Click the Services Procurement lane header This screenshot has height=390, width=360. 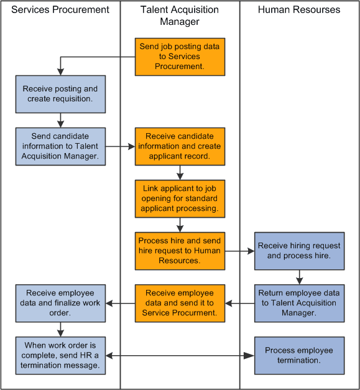[x=60, y=10]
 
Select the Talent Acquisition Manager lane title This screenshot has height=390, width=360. [x=180, y=16]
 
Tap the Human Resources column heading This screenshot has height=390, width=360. [x=299, y=10]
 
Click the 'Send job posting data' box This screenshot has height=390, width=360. [x=180, y=57]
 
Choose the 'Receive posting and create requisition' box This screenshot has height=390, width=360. [x=60, y=94]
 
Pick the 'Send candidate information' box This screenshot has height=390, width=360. [x=60, y=146]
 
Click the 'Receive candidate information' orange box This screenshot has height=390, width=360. [x=180, y=146]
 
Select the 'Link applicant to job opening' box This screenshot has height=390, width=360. [x=180, y=198]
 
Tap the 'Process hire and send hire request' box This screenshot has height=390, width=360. [x=180, y=251]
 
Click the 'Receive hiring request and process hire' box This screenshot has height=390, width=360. [x=299, y=251]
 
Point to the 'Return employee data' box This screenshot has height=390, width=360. [x=299, y=303]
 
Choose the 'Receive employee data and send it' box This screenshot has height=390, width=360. [x=180, y=303]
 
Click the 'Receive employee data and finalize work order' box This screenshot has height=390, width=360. [x=60, y=303]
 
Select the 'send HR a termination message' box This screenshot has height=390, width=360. [x=60, y=355]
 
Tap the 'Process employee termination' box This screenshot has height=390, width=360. [x=299, y=355]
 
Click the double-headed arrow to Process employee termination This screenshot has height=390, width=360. [x=180, y=356]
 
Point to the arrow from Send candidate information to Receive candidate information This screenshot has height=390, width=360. [x=120, y=147]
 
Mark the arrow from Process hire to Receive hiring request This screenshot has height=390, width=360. [x=239, y=251]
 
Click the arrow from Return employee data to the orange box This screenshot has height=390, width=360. [x=239, y=304]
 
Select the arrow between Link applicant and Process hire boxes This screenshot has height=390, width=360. [x=180, y=225]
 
